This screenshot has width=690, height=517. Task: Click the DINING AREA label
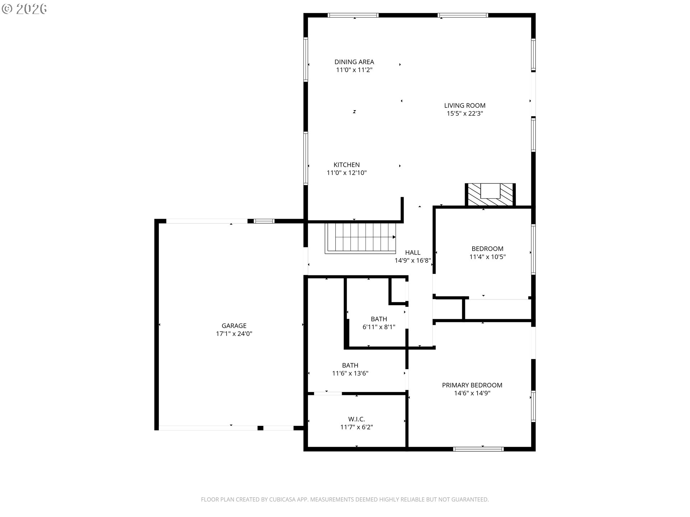click(354, 62)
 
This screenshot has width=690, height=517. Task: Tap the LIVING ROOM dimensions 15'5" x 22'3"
click(465, 113)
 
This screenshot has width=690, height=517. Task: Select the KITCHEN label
click(346, 165)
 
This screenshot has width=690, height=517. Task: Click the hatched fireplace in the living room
click(490, 195)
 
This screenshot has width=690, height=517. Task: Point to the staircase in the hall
click(360, 238)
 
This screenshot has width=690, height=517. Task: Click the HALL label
click(413, 252)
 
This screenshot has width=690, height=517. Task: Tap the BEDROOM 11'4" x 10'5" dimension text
click(487, 257)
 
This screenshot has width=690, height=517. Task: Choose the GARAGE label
click(234, 326)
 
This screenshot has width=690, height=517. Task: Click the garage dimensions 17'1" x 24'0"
click(234, 334)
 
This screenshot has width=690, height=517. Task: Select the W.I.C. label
click(356, 419)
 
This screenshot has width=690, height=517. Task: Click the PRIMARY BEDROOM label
click(472, 385)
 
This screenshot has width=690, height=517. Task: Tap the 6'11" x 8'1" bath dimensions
click(379, 327)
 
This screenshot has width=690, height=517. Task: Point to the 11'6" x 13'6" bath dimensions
click(350, 373)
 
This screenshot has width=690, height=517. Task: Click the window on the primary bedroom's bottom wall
click(478, 449)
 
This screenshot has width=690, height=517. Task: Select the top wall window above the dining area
click(353, 15)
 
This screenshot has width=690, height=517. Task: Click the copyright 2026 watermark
click(24, 9)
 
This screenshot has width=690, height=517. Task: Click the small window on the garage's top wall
click(264, 221)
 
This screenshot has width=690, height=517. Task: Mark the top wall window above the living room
click(463, 15)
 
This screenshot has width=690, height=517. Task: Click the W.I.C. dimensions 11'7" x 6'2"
click(356, 427)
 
